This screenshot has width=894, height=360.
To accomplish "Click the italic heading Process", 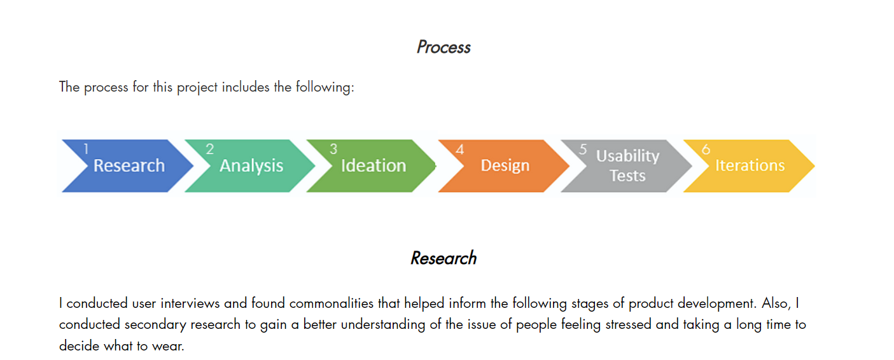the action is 444,47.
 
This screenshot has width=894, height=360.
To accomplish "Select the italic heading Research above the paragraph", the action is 444,258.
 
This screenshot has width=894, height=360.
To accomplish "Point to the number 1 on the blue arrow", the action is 86,149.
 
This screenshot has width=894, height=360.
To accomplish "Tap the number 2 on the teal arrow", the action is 210,149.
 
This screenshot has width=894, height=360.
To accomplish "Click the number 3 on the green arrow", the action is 333,149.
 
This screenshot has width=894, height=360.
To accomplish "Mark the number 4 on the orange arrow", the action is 460,149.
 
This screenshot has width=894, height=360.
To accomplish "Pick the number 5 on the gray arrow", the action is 583,149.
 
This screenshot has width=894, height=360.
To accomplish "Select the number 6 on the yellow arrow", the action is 706,149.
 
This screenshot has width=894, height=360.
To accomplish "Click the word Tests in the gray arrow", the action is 627,176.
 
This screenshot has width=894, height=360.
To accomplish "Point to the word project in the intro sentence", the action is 197,87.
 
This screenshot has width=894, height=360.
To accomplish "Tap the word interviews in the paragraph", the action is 190,303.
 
